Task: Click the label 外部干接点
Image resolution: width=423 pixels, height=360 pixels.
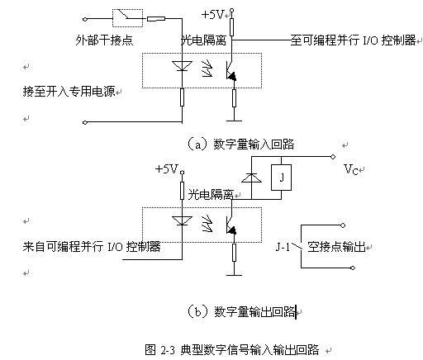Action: [x=104, y=40]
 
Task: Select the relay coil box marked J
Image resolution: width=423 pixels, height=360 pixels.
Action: [x=281, y=178]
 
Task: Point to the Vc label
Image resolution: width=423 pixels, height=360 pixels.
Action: [x=350, y=169]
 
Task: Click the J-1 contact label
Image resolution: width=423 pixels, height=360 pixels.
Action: [x=283, y=247]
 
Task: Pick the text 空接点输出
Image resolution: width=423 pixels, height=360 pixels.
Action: [x=336, y=247]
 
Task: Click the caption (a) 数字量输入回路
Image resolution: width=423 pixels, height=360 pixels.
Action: [x=240, y=144]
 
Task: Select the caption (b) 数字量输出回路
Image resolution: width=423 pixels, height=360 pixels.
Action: [x=241, y=311]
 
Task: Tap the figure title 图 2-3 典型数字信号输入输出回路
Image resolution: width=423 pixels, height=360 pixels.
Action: [x=231, y=349]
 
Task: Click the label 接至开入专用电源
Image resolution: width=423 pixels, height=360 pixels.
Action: [x=69, y=91]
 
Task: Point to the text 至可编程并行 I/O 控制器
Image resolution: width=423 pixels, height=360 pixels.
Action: [x=353, y=40]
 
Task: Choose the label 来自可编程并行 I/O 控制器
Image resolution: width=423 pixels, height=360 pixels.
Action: [x=92, y=246]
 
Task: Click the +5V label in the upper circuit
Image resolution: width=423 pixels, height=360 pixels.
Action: [x=213, y=15]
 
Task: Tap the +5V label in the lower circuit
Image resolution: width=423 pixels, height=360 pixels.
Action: [x=167, y=168]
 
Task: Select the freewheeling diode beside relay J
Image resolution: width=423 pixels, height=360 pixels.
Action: [x=251, y=178]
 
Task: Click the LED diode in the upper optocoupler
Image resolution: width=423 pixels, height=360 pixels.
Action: [x=182, y=66]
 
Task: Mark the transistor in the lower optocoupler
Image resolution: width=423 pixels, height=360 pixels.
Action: [x=231, y=225]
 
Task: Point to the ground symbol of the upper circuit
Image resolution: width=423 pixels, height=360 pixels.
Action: [x=234, y=121]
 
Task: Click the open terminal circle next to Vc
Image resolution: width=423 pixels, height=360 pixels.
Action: [x=333, y=157]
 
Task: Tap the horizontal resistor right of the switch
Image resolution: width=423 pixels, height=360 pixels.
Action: [x=156, y=19]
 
